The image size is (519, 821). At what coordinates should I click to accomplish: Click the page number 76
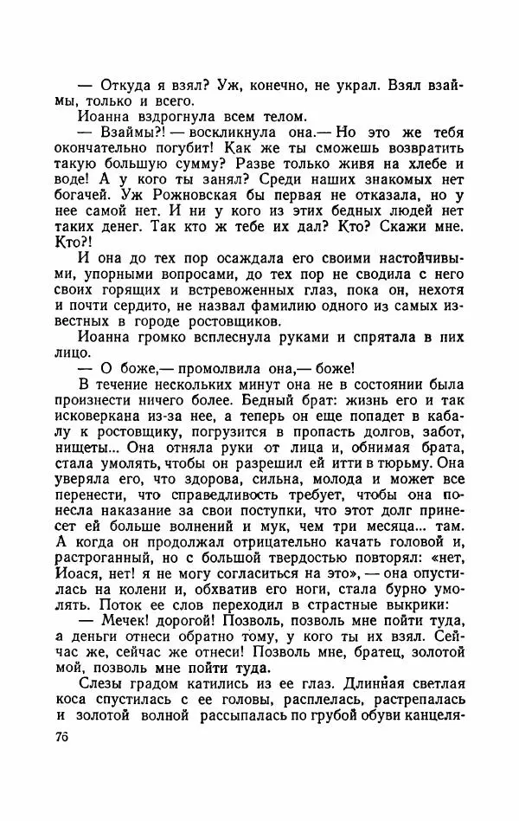point(61,738)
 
